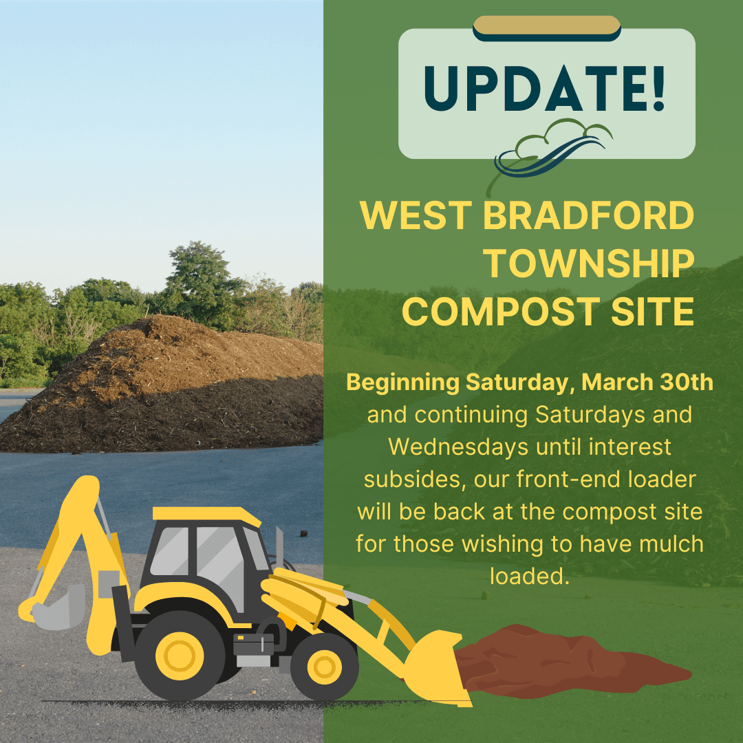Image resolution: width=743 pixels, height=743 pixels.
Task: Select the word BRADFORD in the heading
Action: coord(588,217)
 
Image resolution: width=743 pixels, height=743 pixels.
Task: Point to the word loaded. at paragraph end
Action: coord(530,576)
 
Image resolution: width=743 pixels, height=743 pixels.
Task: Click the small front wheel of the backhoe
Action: coord(324,667)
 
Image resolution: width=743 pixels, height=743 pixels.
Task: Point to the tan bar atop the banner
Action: coord(547,25)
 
